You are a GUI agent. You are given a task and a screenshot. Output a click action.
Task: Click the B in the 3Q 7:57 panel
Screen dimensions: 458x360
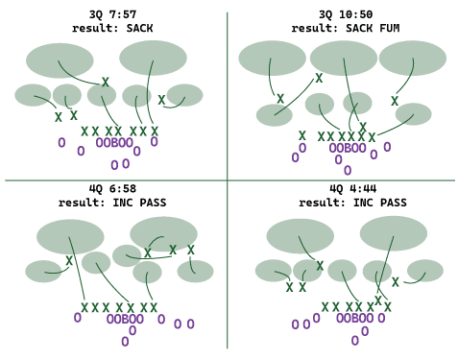coord(114,143)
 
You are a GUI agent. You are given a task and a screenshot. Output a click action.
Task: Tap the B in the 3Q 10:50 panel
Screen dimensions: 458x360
coord(348,148)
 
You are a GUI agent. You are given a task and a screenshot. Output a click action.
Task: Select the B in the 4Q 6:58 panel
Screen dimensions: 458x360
coord(125,319)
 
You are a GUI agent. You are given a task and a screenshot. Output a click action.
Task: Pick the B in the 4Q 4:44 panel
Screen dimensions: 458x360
coord(354,318)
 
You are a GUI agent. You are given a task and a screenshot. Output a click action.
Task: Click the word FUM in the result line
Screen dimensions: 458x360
coord(390,28)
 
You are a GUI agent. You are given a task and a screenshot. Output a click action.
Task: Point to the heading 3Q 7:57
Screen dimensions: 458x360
coord(112,14)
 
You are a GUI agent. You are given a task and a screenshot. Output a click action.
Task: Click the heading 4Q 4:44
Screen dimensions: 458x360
coord(352,188)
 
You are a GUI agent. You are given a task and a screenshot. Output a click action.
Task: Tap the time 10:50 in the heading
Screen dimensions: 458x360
coord(355,14)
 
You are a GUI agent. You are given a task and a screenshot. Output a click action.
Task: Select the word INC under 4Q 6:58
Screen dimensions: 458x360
coord(123,203)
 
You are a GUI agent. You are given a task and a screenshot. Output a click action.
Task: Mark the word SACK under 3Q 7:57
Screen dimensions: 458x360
coord(139,28)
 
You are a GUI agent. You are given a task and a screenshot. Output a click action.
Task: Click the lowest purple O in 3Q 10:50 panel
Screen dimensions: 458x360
coord(348,171)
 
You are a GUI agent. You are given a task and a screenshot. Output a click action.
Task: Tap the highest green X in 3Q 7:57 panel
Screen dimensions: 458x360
coord(106,83)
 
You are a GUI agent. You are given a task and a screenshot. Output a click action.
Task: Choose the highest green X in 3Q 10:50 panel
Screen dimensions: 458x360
coord(319,78)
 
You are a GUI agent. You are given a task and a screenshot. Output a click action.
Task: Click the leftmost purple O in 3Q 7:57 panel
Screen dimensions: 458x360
coord(61,143)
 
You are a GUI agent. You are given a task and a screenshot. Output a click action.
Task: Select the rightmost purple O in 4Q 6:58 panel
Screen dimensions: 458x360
coord(190,324)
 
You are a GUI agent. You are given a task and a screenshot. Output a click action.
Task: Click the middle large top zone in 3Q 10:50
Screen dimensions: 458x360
coord(344,59)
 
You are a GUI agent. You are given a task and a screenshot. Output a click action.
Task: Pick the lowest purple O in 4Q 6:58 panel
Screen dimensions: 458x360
coord(125,342)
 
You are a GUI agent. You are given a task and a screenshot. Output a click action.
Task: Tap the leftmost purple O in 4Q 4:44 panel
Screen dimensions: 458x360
coord(295,324)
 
